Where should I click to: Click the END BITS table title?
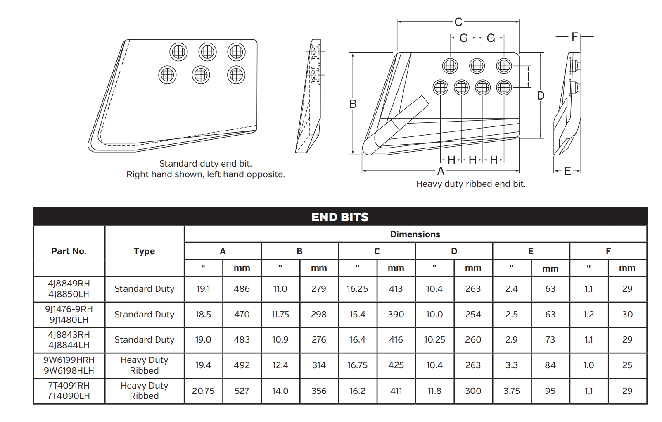click(340, 217)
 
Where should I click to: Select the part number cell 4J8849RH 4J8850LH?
click(69, 289)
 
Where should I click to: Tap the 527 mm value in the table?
click(242, 391)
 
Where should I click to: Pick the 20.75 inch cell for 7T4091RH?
click(203, 391)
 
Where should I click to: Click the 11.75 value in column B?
click(280, 315)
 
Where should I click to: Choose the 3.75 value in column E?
click(511, 391)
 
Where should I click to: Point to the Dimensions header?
click(415, 234)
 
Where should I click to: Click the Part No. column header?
click(69, 251)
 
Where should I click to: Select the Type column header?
click(144, 251)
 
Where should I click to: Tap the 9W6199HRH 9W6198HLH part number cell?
click(69, 365)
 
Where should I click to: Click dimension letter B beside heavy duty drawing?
click(353, 104)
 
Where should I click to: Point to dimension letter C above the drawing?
click(458, 22)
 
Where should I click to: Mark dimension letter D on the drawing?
click(541, 96)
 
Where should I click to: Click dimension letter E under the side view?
click(567, 171)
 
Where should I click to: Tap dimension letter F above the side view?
click(574, 37)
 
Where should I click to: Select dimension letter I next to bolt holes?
click(528, 76)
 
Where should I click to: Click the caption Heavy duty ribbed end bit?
click(471, 184)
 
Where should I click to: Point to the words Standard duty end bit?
click(205, 164)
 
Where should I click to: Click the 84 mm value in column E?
click(550, 365)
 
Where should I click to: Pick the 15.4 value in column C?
click(357, 315)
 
